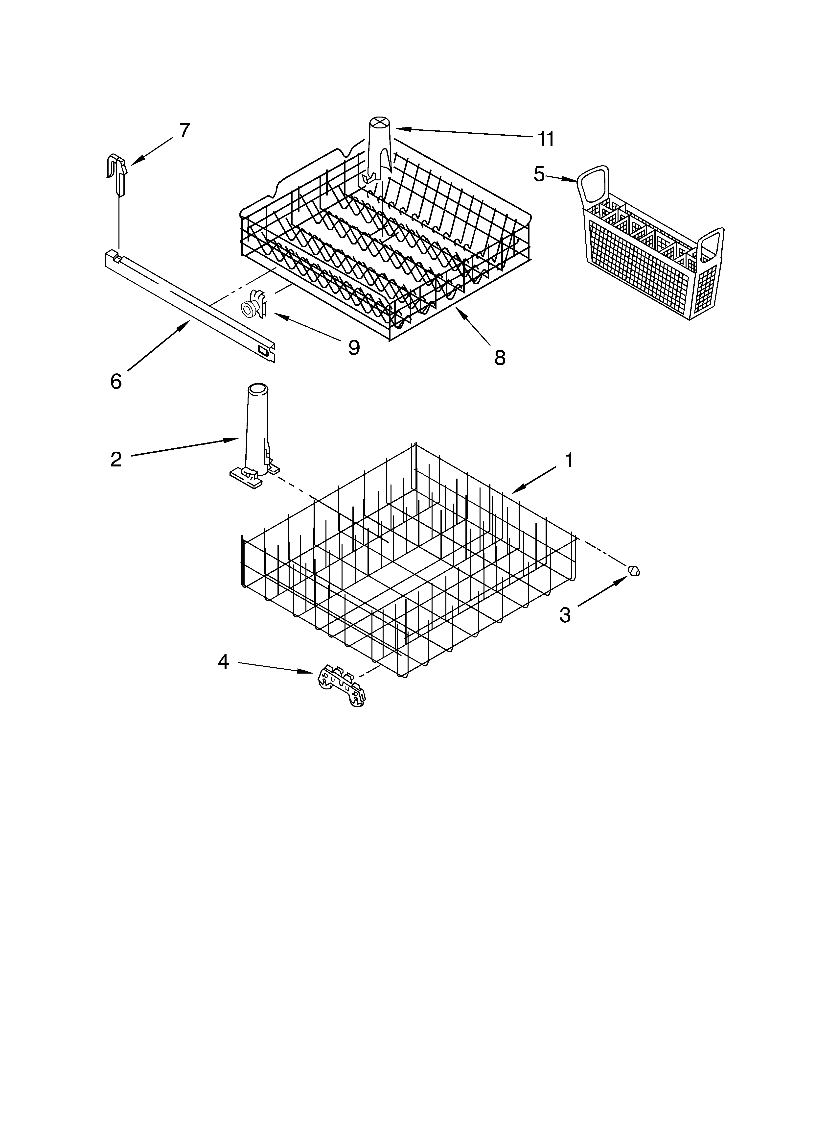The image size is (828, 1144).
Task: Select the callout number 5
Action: pos(539,174)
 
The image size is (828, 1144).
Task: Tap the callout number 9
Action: pos(354,347)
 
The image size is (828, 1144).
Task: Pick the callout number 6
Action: pos(116,382)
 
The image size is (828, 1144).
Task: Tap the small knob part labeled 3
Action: pos(634,570)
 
